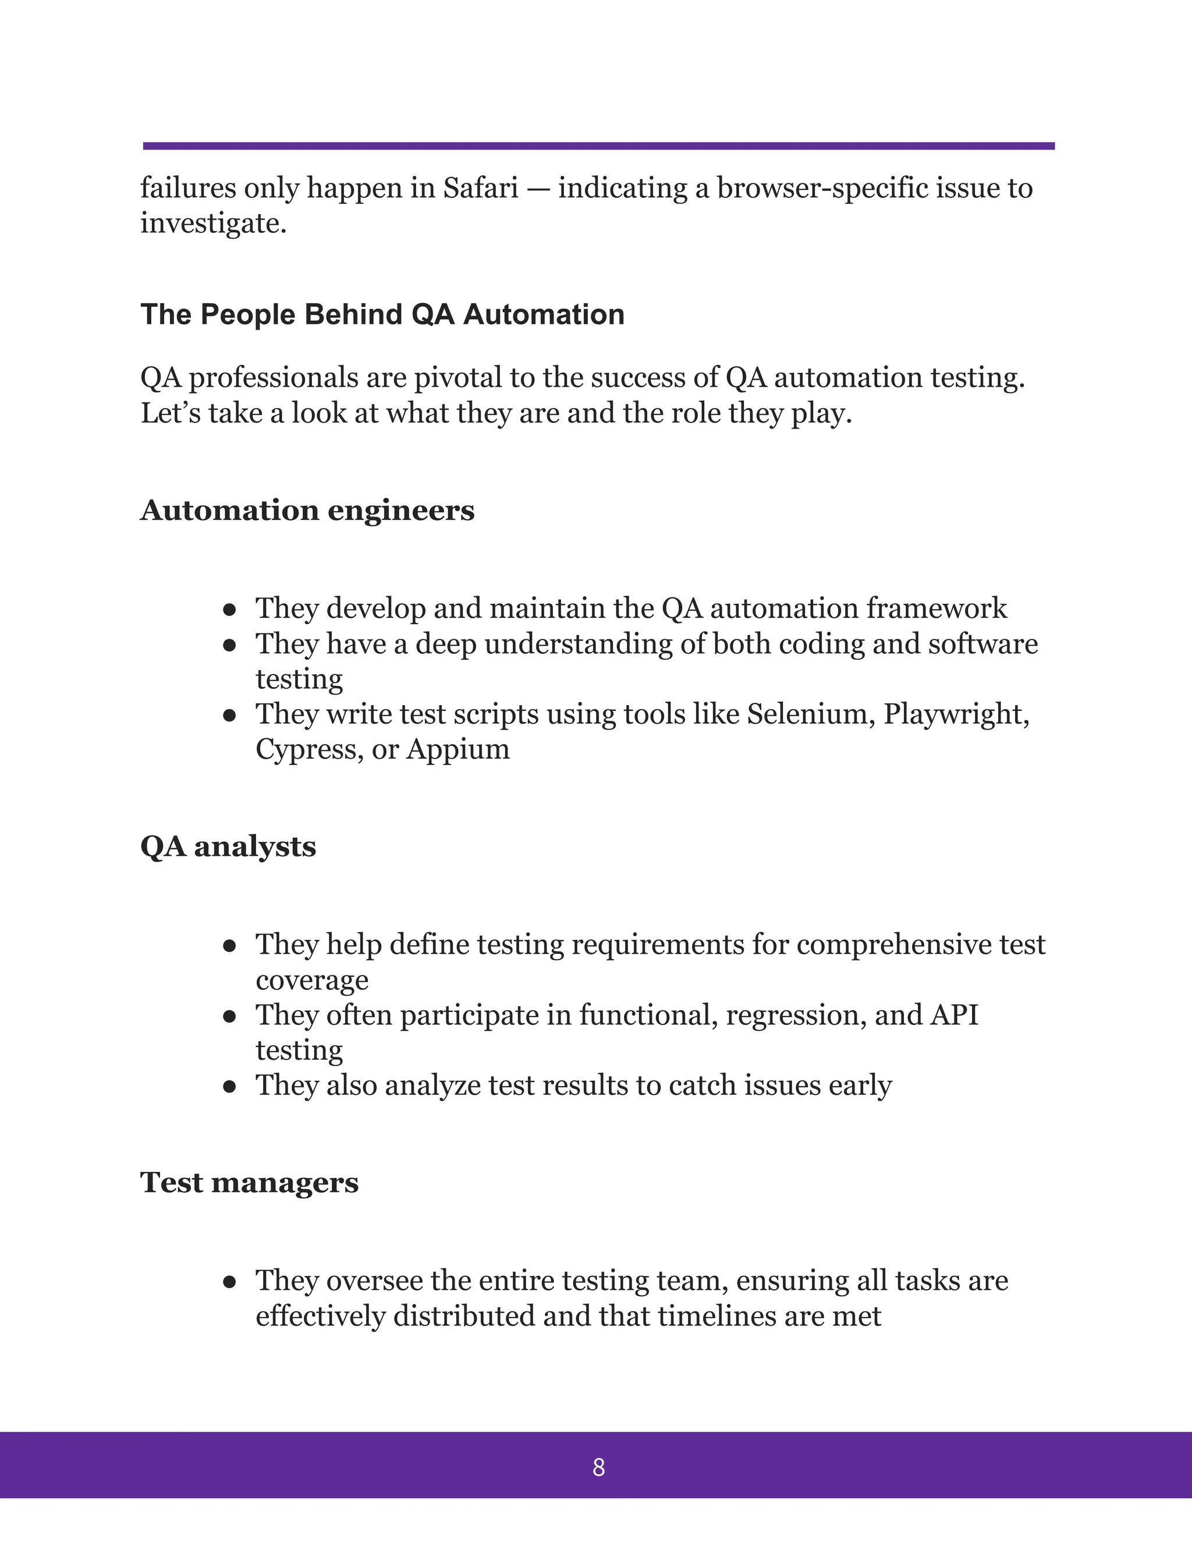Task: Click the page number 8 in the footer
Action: coord(598,1467)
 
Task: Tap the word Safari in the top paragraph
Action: coord(480,188)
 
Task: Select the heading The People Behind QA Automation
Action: coord(382,314)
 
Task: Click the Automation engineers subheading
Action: coord(307,510)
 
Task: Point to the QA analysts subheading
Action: coord(228,847)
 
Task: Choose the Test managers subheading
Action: coord(249,1183)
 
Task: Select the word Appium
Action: coord(457,749)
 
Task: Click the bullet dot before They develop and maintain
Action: coord(229,610)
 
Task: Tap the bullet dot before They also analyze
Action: coord(229,1087)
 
